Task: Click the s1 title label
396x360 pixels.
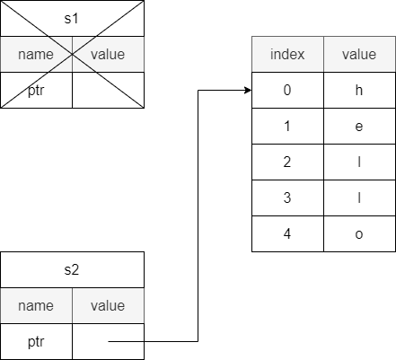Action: point(72,19)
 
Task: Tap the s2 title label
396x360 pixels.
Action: point(72,270)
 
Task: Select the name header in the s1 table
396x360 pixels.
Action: point(36,55)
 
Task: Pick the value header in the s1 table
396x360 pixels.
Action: point(108,55)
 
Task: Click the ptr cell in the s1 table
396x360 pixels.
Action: point(36,91)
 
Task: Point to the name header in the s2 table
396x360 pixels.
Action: point(36,306)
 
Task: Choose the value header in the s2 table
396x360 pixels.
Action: point(108,306)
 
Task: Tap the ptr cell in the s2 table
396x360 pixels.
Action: point(36,342)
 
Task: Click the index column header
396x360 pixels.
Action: point(287,54)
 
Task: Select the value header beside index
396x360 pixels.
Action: point(359,55)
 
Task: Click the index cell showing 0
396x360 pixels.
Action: point(287,90)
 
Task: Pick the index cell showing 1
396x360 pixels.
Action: point(287,126)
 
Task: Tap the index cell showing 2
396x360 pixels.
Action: point(287,162)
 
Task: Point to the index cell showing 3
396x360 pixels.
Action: point(287,198)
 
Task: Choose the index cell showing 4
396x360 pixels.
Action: point(287,233)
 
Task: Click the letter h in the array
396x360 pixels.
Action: point(359,90)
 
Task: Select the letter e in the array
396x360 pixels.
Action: point(359,127)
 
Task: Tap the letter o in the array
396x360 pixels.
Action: point(359,234)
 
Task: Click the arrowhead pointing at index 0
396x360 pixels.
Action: point(248,90)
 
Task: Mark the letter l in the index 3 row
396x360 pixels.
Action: point(359,198)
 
